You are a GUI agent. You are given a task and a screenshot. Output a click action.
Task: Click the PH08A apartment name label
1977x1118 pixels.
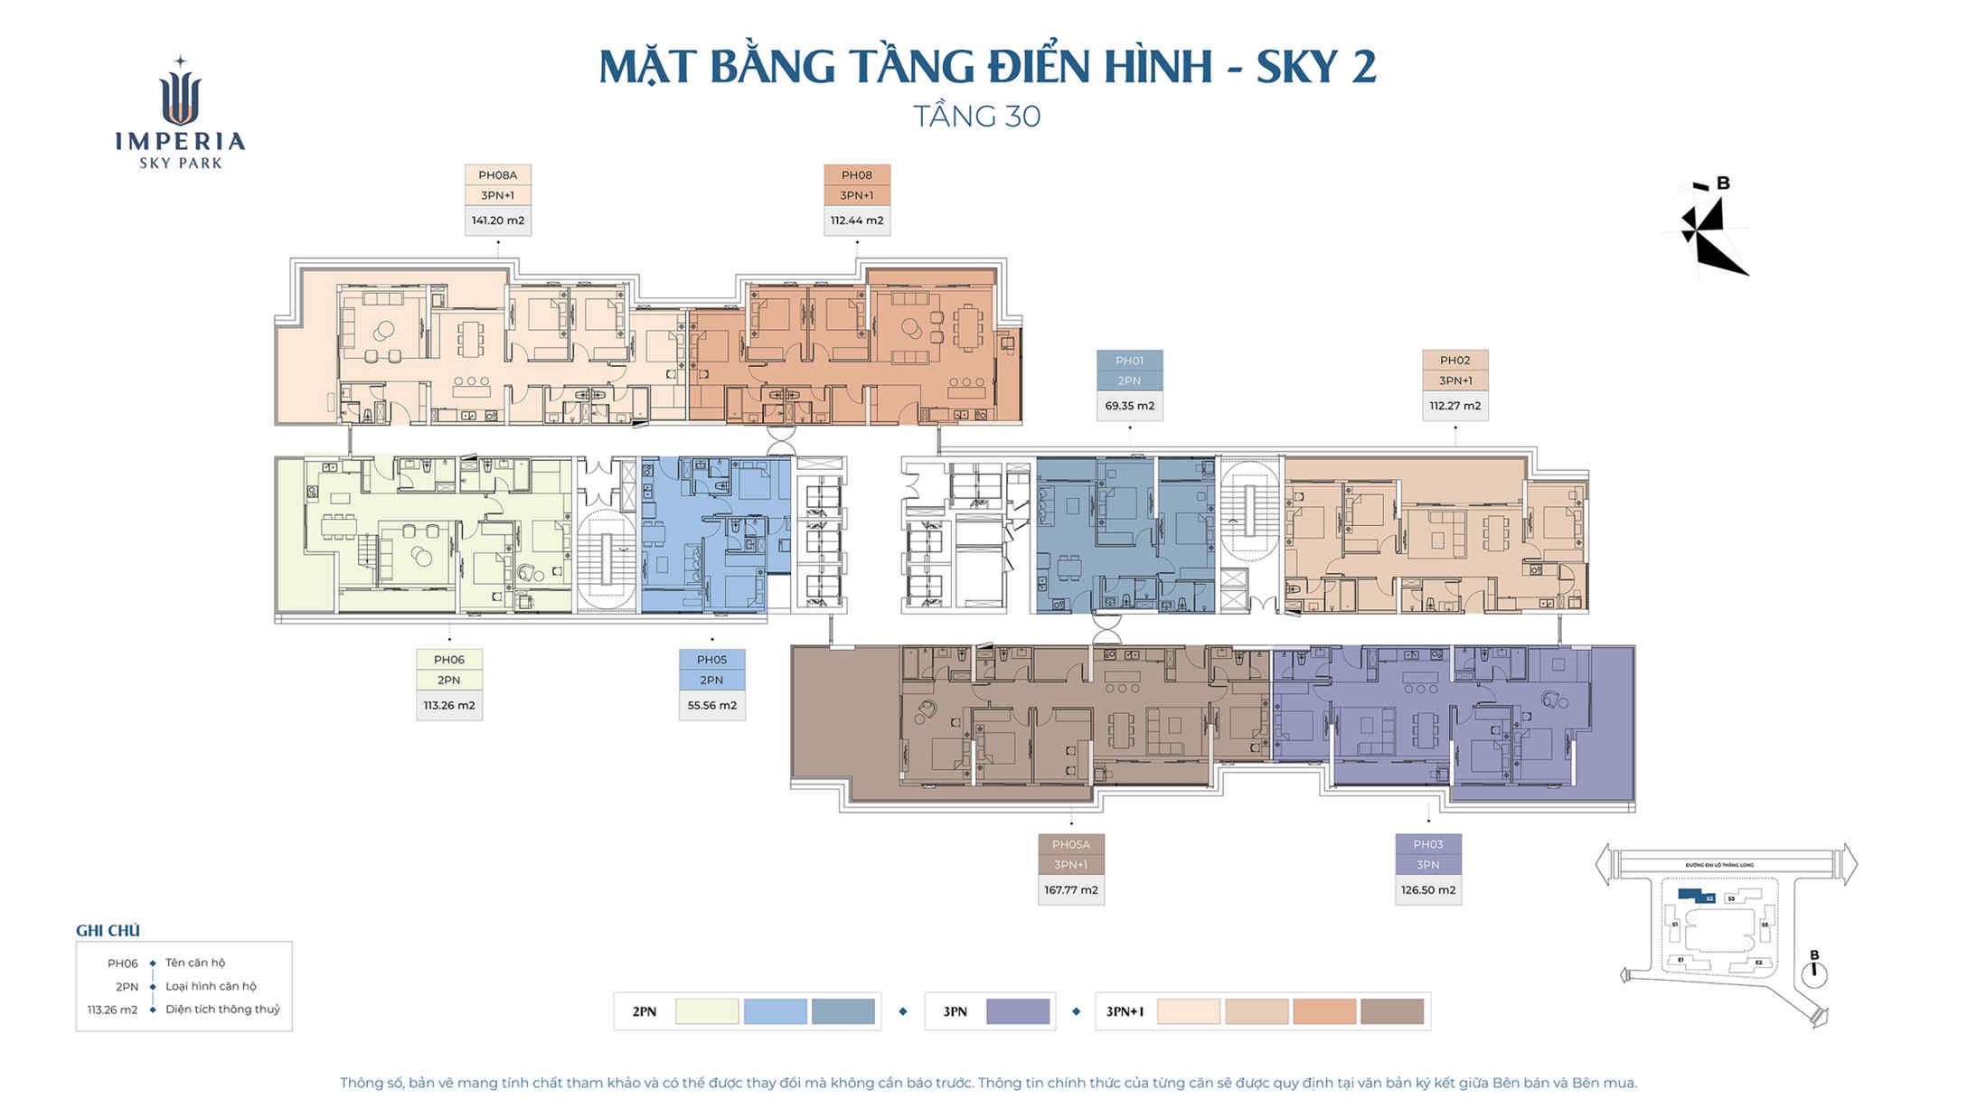497,175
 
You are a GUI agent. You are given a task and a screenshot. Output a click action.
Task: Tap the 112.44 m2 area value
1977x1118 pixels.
856,221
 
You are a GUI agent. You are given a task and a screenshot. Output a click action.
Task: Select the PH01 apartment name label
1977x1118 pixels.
1129,361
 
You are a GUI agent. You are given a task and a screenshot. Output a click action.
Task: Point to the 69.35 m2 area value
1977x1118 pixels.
1129,406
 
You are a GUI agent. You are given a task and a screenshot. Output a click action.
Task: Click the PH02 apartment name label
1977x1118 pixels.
1455,361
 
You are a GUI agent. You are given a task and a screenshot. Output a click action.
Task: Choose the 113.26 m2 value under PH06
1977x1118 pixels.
448,706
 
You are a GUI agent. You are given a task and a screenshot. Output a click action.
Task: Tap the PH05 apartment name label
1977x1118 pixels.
711,660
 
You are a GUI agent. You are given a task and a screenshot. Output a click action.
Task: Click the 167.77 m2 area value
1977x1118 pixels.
1070,890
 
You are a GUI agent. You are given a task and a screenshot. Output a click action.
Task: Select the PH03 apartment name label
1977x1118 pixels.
1427,844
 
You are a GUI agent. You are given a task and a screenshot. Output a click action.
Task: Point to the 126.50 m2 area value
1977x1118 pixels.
1427,890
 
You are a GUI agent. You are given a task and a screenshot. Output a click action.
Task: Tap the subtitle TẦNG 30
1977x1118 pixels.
976,117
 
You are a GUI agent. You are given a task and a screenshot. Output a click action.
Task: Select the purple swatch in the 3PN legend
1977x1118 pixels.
1017,1011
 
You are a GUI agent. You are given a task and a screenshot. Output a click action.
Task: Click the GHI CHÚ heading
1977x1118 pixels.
108,931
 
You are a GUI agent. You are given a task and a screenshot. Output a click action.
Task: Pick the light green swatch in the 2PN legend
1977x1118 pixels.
707,1011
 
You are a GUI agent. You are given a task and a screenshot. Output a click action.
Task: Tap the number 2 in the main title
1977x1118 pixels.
1363,67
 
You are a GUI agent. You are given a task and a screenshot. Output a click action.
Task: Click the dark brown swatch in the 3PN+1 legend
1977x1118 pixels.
1391,1011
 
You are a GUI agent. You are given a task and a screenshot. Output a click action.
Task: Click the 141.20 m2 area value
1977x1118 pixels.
497,221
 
